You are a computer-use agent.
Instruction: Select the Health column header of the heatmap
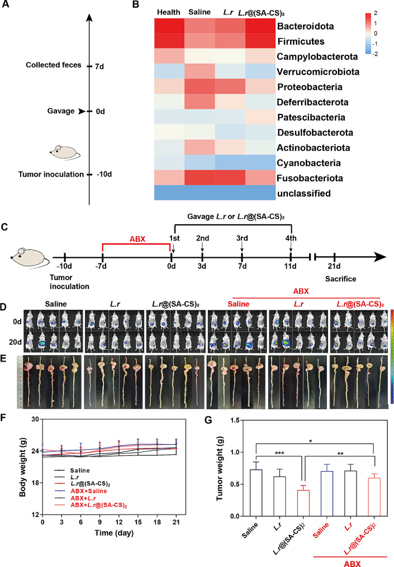(168, 12)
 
